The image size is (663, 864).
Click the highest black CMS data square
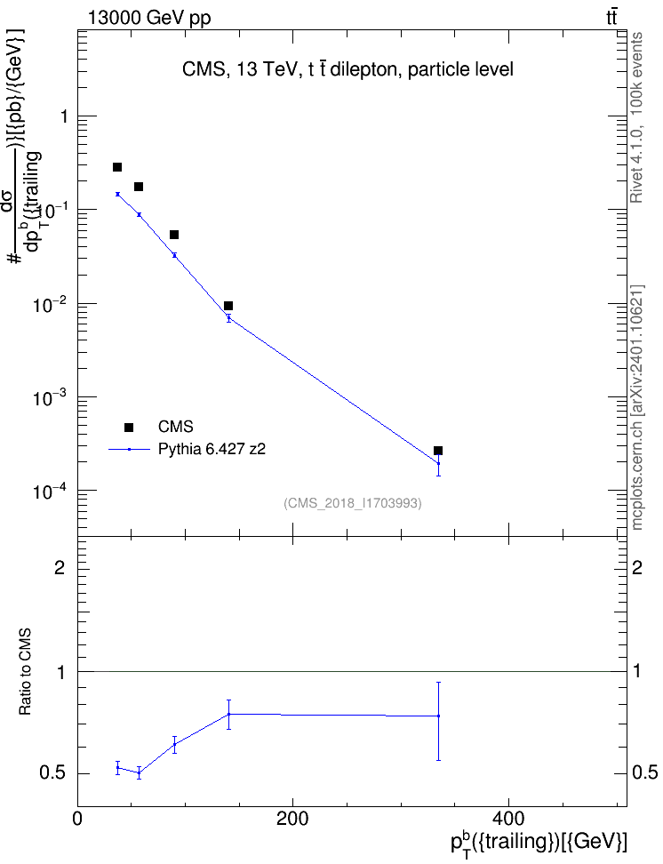pos(116,167)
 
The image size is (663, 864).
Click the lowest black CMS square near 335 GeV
pos(438,451)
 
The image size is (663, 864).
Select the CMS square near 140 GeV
pos(228,306)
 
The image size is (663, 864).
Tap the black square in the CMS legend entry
pos(129,427)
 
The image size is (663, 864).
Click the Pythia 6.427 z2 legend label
pos(212,449)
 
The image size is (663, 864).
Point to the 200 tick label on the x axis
pos(292,819)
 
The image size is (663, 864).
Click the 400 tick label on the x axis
pos(507,819)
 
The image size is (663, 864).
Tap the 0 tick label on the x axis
pos(77,819)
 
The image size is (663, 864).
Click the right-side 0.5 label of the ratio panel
pos(644,772)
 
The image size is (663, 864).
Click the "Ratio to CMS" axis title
pos(25,672)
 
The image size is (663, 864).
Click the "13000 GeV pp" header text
pos(149,18)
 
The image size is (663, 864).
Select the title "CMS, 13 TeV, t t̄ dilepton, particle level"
pos(347,69)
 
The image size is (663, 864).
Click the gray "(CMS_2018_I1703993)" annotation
pos(353,503)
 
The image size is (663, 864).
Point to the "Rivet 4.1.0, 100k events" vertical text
pos(636,117)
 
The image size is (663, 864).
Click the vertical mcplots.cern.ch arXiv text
pos(636,407)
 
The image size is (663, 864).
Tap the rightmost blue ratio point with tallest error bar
pos(438,716)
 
